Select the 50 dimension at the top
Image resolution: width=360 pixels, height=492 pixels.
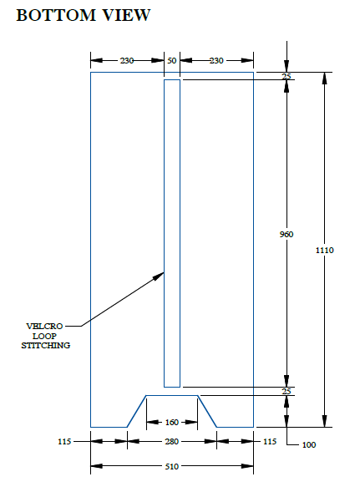[172, 60]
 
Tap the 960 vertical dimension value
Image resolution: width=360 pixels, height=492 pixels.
[286, 234]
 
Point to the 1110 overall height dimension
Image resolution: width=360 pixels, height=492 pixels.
[325, 250]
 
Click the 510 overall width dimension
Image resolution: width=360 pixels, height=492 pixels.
[172, 467]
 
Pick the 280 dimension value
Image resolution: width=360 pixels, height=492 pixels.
[172, 442]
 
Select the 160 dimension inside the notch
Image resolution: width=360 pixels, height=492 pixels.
[172, 423]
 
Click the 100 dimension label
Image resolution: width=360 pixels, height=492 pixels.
[309, 445]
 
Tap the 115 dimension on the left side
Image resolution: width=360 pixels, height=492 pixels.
[64, 442]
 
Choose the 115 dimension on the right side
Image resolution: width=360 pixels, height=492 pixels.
[270, 442]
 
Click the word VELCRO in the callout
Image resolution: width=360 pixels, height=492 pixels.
[44, 327]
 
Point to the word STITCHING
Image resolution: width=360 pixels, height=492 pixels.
[45, 346]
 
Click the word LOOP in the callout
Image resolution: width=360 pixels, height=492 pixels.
[44, 336]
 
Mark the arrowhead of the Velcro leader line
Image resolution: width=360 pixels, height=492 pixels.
[164, 272]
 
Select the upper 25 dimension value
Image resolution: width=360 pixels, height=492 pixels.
[286, 76]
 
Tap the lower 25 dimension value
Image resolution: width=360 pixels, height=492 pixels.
[286, 391]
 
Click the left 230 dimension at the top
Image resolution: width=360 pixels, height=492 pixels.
[127, 60]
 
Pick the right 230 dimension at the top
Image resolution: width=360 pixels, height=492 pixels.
[216, 60]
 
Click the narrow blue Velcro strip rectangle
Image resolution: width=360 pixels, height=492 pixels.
[165, 233]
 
